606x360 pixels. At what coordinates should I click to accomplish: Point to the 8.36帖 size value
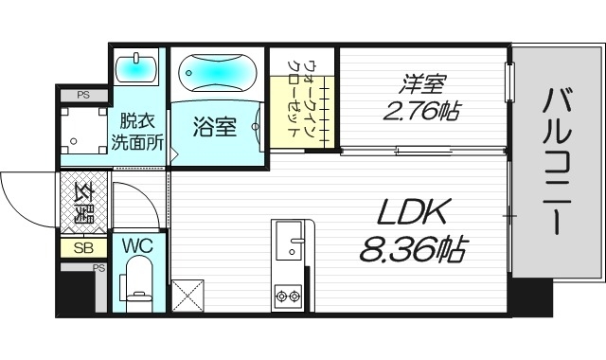[412, 249]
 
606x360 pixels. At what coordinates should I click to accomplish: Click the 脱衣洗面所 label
[138, 132]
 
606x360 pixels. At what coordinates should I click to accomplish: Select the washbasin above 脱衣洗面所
[138, 69]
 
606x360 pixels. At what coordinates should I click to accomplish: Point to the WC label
[138, 246]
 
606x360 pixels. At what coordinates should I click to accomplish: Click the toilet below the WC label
[138, 285]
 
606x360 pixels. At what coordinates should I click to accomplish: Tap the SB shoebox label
[81, 248]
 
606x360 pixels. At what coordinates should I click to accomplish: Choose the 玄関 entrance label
[82, 203]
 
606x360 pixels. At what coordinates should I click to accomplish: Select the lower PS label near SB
[98, 268]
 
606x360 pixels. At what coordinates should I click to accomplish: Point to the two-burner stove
[287, 297]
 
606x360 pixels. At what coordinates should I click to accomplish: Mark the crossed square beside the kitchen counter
[188, 296]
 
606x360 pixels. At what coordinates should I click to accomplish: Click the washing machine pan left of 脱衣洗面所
[82, 131]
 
